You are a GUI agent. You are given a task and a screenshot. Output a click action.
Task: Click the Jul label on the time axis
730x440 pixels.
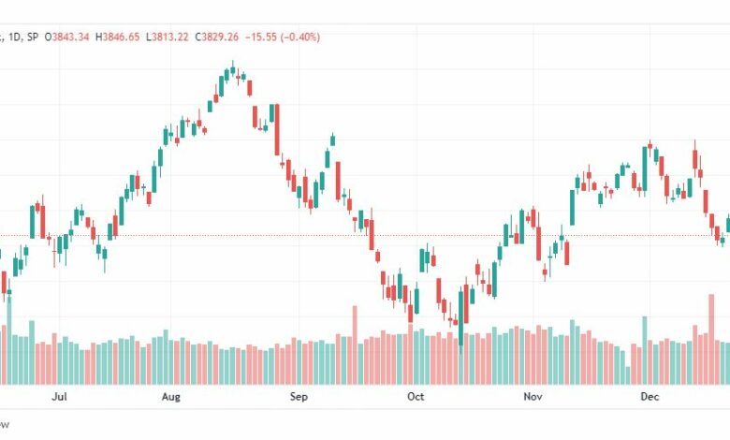tap(60, 397)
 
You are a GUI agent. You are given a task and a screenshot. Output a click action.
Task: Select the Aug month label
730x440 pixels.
tap(170, 397)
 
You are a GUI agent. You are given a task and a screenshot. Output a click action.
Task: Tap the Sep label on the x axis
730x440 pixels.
tap(298, 397)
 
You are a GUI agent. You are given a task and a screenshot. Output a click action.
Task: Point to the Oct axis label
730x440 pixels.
tap(415, 397)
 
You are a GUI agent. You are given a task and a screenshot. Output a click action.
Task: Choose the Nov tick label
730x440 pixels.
tap(533, 397)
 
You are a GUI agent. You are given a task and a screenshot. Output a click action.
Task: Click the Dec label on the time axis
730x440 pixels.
tap(650, 397)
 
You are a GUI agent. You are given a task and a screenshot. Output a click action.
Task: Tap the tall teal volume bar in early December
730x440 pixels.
tap(644, 350)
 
